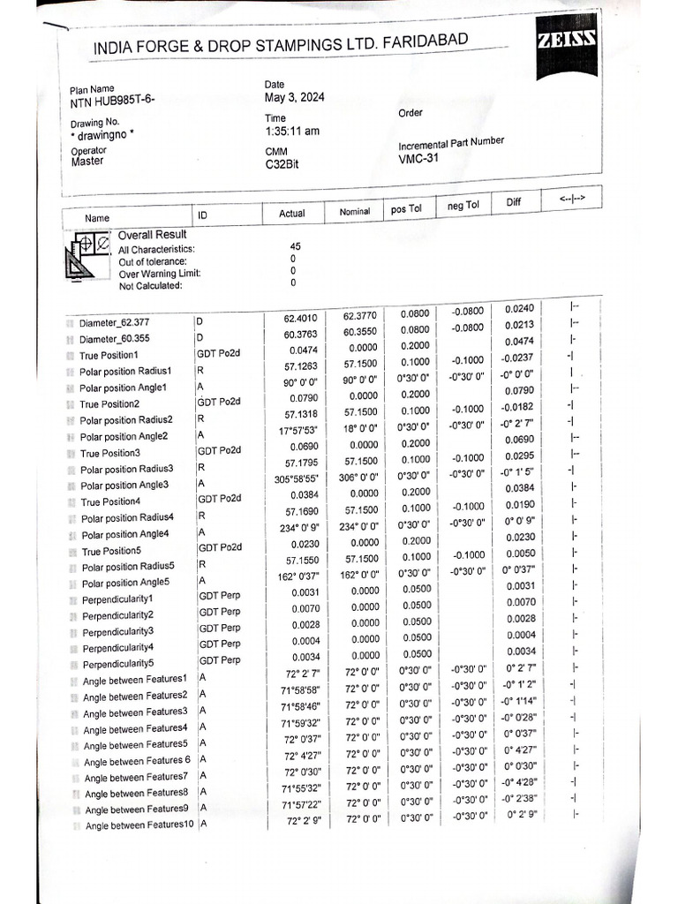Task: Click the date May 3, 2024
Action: point(294,98)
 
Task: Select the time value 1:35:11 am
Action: point(291,131)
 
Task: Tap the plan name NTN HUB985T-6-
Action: point(112,102)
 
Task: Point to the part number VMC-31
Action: point(418,159)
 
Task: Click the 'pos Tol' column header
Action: point(406,209)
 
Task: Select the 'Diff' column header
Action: point(513,203)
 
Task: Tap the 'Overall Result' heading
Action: point(152,235)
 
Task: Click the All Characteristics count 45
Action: point(295,247)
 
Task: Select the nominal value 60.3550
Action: point(358,333)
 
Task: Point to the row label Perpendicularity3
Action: point(118,632)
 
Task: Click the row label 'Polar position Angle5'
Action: point(125,584)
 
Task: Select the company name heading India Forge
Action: point(281,45)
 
